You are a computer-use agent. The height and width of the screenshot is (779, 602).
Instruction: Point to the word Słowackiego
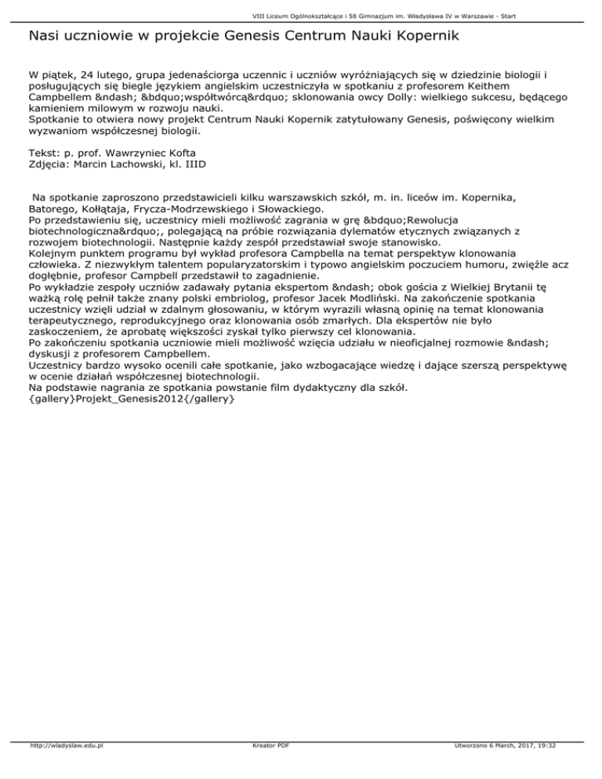[299, 209]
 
